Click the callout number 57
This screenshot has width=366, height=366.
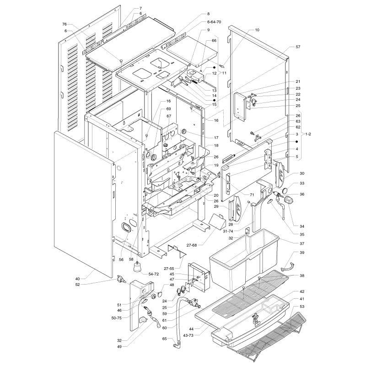coord(298,47)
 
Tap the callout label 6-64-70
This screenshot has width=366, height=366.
coord(214,22)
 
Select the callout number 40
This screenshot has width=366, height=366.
coord(78,279)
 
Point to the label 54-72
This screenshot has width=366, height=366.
coord(154,274)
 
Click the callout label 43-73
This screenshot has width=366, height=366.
coord(188,335)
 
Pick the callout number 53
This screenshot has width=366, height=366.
coord(302,307)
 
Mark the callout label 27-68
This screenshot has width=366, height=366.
coord(192,245)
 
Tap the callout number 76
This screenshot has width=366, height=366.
coord(65,24)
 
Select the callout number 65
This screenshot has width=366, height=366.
coord(165,339)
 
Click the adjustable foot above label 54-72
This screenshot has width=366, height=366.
coord(137,267)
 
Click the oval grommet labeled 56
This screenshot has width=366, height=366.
coord(126,227)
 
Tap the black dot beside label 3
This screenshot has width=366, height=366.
coord(296,142)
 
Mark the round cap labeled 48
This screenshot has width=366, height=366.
coord(160,294)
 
